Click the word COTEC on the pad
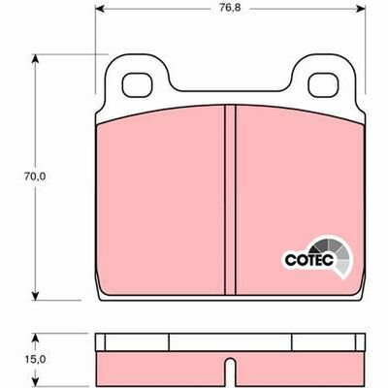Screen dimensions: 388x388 [306, 260]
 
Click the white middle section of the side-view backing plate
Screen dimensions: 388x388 [230, 342]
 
